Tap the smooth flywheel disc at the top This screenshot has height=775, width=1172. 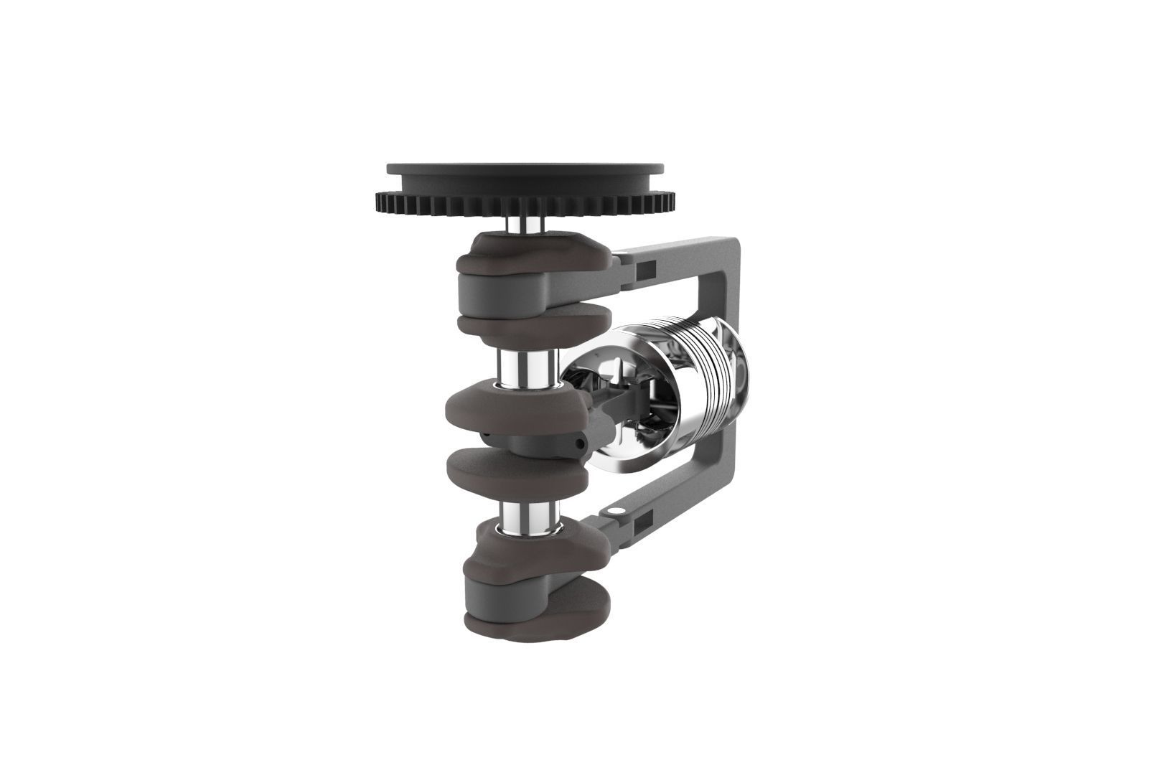click(x=524, y=172)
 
